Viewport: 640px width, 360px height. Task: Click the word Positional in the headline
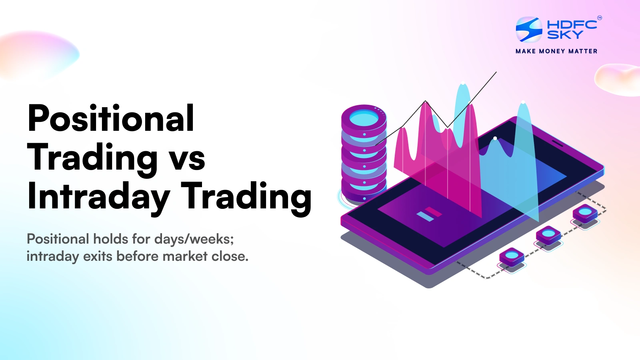(x=111, y=118)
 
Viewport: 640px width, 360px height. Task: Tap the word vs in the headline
(x=187, y=158)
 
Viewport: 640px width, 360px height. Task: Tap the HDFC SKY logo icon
(x=529, y=29)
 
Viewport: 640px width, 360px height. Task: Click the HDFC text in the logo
(x=572, y=25)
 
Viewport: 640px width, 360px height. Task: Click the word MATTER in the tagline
(x=583, y=51)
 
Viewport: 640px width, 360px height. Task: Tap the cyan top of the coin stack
(x=364, y=118)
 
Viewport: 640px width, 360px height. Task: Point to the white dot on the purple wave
(x=495, y=138)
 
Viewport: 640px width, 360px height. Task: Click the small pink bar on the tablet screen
(x=433, y=212)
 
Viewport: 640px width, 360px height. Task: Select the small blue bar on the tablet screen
(x=425, y=217)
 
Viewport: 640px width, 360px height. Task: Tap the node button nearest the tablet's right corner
(x=585, y=212)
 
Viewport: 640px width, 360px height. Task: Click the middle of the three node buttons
(x=548, y=234)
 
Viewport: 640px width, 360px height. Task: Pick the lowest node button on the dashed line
(x=512, y=256)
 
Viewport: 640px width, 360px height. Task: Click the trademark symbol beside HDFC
(x=599, y=18)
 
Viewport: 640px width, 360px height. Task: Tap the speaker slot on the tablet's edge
(x=557, y=143)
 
